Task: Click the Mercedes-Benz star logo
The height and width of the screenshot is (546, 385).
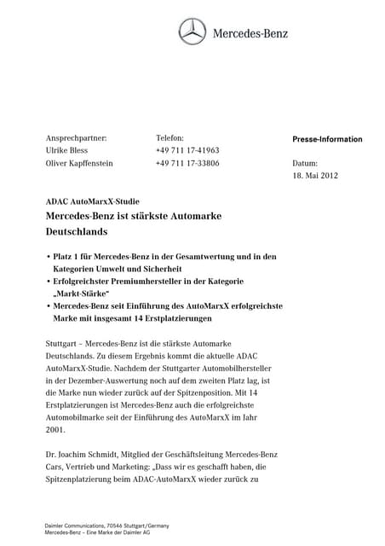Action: click(x=192, y=32)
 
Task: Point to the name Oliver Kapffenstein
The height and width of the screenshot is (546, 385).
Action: click(x=78, y=163)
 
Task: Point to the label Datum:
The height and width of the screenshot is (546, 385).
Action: click(x=304, y=162)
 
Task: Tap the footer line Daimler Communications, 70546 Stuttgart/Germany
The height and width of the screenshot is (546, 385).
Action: click(x=106, y=526)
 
